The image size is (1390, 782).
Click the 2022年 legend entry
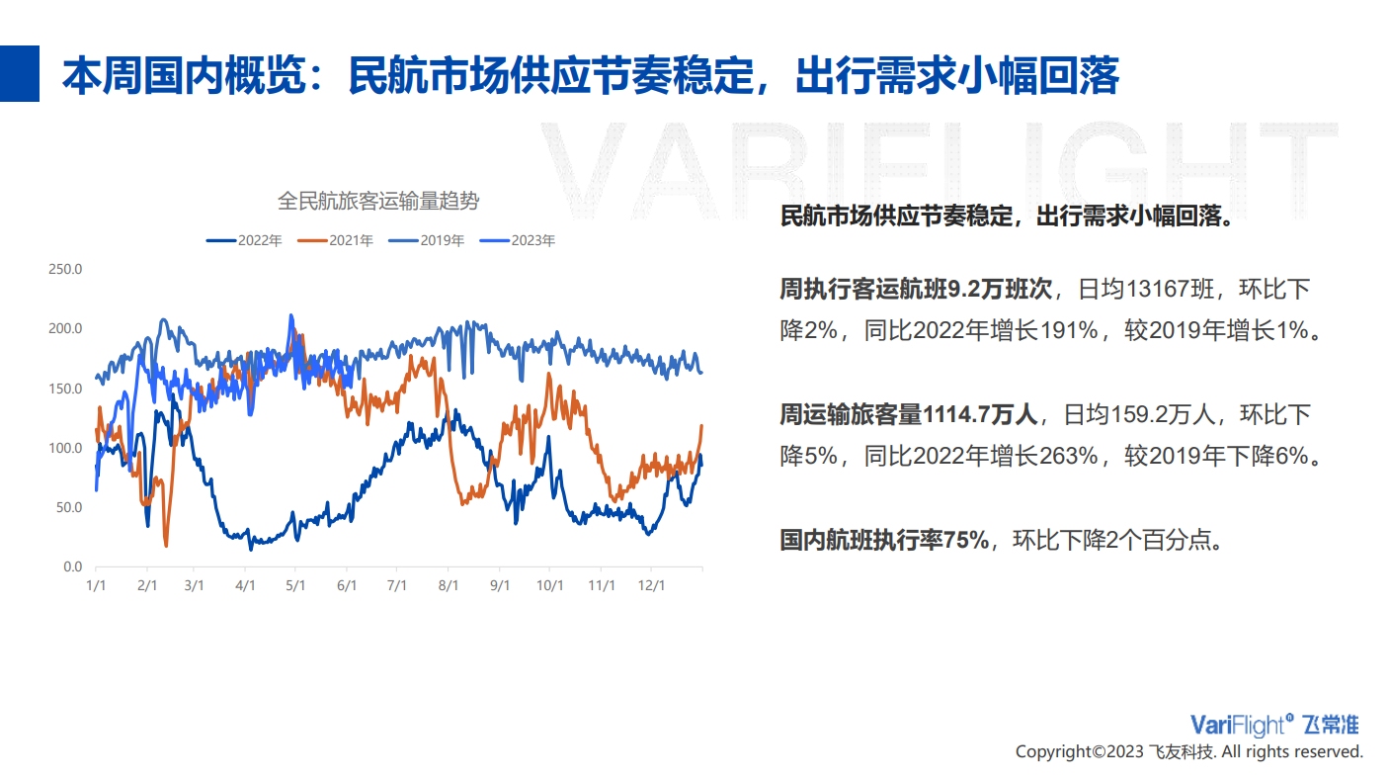click(x=244, y=240)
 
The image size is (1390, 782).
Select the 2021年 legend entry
click(x=335, y=240)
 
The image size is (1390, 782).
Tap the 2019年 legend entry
click(x=427, y=240)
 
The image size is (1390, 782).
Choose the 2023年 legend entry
click(x=518, y=240)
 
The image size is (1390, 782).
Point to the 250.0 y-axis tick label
click(x=65, y=269)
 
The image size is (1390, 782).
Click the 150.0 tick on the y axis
click(x=65, y=389)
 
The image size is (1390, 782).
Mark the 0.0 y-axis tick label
click(x=72, y=566)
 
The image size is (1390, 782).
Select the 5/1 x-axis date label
click(x=295, y=585)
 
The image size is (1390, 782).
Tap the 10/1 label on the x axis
click(x=550, y=585)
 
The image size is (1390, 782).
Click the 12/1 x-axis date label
click(x=652, y=585)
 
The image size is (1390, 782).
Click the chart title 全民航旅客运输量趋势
click(x=378, y=201)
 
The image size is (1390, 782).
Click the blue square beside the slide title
click(x=20, y=73)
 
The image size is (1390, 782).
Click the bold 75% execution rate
click(x=966, y=540)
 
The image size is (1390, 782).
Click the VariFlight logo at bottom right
click(x=1274, y=725)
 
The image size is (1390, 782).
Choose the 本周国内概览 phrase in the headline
click(x=184, y=75)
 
